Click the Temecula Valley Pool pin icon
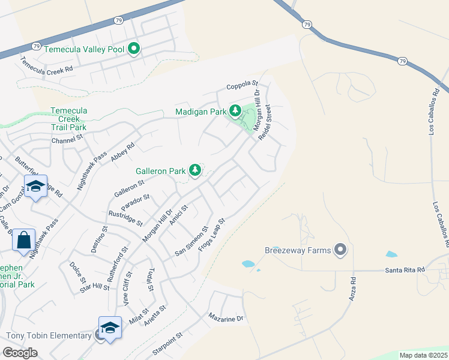(134, 49)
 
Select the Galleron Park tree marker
(195, 170)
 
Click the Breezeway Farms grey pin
(341, 250)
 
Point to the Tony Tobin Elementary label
(48, 335)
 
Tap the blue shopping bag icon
(24, 240)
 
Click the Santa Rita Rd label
(404, 271)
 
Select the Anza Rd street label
(353, 288)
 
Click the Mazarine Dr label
(226, 317)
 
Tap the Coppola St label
(242, 86)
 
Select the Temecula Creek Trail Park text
(69, 119)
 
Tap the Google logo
(20, 353)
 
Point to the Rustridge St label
(125, 218)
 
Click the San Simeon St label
(191, 241)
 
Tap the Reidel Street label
(265, 122)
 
